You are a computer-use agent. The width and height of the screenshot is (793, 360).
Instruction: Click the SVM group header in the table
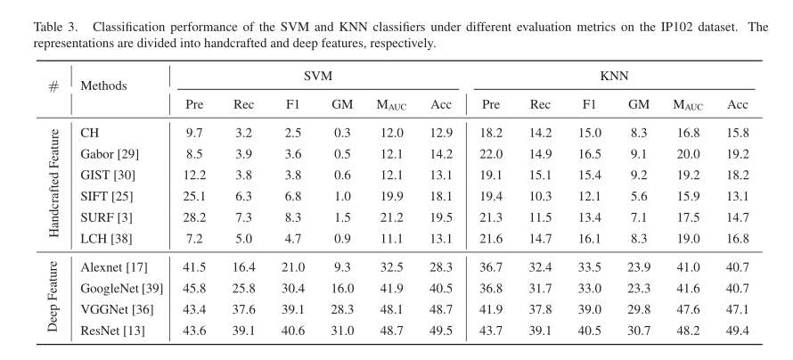tap(318, 77)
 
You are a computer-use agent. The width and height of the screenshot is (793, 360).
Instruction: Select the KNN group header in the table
tap(614, 77)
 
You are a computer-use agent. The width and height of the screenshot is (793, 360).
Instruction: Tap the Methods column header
tap(103, 86)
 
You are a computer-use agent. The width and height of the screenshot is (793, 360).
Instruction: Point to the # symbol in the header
tap(53, 86)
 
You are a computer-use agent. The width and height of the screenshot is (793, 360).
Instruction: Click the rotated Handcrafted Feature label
tap(54, 183)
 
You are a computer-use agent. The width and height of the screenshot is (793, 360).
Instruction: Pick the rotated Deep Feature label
tap(53, 297)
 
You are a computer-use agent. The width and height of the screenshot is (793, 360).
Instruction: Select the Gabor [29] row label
tap(110, 153)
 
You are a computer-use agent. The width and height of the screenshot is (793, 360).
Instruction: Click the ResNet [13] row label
tap(112, 331)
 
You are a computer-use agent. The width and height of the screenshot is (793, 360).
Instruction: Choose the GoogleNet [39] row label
tap(122, 288)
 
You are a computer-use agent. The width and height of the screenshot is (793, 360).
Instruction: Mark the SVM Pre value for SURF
tap(194, 217)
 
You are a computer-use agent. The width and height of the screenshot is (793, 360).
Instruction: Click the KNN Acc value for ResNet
tap(738, 331)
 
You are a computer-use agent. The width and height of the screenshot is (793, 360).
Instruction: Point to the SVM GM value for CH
tap(342, 133)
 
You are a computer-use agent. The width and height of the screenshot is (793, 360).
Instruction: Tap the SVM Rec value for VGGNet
tap(244, 309)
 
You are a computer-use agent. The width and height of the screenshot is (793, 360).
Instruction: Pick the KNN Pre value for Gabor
tap(491, 153)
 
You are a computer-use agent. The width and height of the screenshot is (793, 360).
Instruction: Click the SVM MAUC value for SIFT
tap(391, 196)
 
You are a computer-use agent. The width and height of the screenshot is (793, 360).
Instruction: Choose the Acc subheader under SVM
tap(441, 104)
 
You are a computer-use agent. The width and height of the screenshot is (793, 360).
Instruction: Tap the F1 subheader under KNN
tap(589, 104)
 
